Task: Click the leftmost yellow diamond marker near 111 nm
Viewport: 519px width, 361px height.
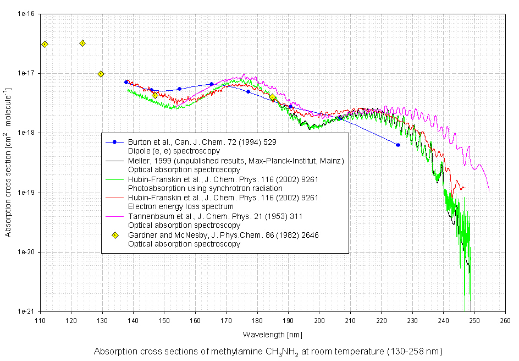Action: pos(45,44)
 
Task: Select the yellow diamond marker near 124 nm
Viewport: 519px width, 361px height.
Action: pos(82,43)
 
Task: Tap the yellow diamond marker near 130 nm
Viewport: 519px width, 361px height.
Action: pos(101,74)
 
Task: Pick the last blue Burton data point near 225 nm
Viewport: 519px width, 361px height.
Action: pos(398,145)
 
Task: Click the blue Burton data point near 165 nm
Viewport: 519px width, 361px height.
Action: pos(212,84)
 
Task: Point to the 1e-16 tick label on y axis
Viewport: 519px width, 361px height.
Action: pos(26,14)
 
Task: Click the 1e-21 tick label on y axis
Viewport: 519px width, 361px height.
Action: pos(26,311)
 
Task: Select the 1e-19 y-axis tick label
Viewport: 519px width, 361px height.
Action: pos(26,193)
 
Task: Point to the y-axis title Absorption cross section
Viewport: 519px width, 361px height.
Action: pos(9,162)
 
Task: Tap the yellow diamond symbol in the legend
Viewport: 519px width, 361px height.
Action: pos(115,236)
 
